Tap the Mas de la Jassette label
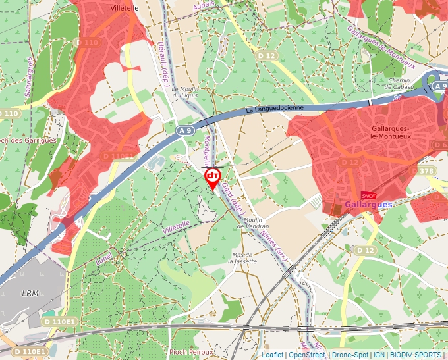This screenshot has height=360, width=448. point(241,257)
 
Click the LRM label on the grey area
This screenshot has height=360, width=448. point(30,292)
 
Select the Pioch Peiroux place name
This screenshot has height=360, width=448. point(191,352)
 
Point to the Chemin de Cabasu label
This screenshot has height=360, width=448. point(400,84)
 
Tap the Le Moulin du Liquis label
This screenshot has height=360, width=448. point(184,92)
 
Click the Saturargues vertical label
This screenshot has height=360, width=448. point(29,77)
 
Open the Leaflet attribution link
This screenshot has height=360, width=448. point(272,355)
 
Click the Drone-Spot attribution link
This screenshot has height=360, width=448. point(350,355)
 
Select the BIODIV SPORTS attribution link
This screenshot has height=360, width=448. point(415,355)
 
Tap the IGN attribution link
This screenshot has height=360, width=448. point(379,355)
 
